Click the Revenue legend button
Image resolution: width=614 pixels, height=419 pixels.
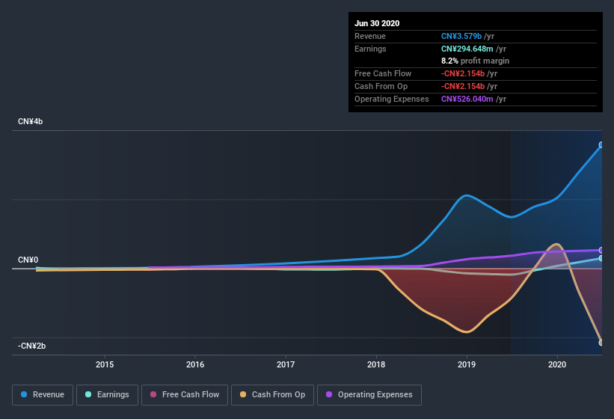coord(43,394)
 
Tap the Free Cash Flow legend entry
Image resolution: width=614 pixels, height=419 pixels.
coord(184,394)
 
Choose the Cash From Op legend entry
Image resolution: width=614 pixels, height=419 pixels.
coord(271,394)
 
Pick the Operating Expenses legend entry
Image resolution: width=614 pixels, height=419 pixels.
coord(369,394)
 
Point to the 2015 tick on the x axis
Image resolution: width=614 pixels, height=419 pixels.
coord(105,365)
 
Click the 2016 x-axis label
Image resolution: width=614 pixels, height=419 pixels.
coord(195,365)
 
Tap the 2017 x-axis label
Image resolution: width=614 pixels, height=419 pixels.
coord(286,365)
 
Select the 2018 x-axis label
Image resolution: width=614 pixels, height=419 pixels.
coord(376,365)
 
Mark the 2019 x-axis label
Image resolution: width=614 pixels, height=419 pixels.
coord(467,365)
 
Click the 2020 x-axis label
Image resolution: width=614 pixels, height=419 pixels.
coord(557,365)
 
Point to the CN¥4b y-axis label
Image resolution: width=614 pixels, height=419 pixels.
coord(31,121)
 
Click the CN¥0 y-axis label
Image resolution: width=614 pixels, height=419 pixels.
coord(28,260)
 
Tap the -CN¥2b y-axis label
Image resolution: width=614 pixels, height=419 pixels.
coord(32,346)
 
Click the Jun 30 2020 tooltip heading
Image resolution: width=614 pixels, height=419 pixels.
coord(377,23)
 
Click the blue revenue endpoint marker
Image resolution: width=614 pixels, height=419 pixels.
coord(601,145)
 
